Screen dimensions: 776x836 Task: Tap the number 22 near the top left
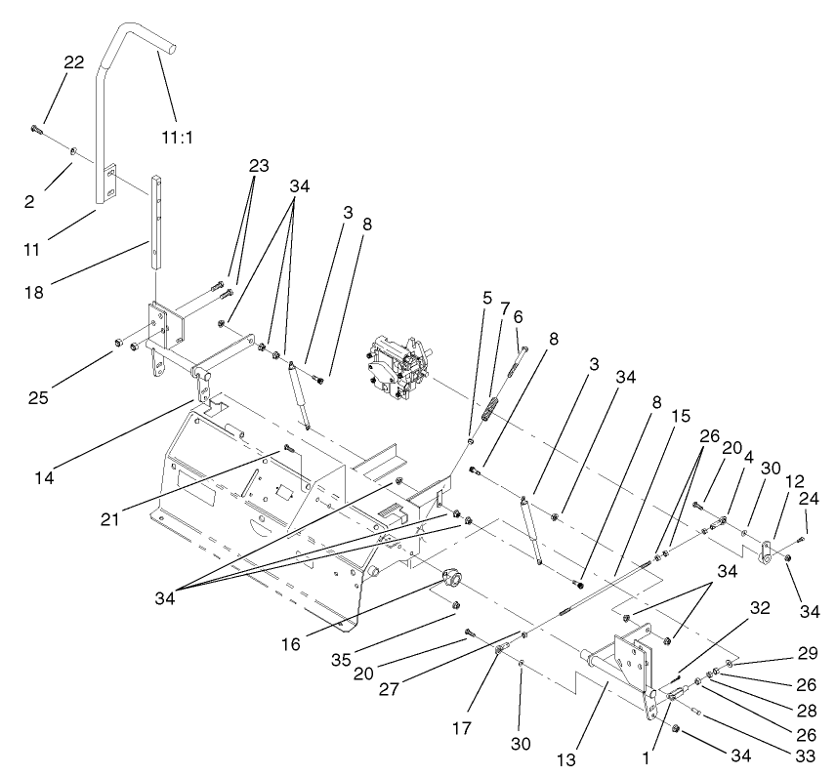point(73,61)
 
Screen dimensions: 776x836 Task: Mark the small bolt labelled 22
point(36,128)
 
